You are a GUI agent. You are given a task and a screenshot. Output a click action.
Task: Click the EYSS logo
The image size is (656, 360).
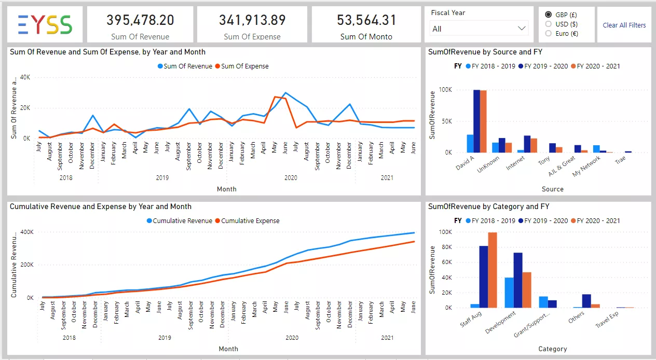[x=45, y=24]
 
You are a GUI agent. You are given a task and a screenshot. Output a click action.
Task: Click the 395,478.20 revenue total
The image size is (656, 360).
[x=140, y=20]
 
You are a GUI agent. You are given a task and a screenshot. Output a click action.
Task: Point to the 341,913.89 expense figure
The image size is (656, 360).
[x=252, y=20]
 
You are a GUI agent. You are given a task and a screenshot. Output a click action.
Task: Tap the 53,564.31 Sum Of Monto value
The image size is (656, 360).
[x=366, y=20]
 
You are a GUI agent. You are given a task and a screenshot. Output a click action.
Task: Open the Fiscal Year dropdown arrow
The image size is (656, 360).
[x=522, y=29]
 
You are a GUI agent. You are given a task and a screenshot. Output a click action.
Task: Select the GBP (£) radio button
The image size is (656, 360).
[x=549, y=14]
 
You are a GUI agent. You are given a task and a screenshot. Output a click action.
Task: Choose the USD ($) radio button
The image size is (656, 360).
[x=549, y=24]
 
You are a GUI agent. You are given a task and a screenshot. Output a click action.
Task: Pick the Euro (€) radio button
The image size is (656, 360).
[x=549, y=34]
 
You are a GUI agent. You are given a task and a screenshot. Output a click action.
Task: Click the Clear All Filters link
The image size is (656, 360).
[x=624, y=25]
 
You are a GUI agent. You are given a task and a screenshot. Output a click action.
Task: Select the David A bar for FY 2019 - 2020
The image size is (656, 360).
[x=476, y=121]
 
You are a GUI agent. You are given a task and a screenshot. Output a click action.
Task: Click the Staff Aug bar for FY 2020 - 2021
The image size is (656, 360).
[x=493, y=270]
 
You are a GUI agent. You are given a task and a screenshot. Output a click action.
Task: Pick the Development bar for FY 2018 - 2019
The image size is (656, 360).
[x=509, y=293]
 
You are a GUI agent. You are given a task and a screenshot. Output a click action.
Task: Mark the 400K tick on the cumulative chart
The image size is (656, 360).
[x=27, y=232]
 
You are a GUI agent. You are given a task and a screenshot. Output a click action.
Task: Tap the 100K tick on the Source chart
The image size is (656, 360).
[x=445, y=90]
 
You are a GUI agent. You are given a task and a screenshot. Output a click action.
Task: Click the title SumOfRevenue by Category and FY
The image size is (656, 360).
[x=488, y=206]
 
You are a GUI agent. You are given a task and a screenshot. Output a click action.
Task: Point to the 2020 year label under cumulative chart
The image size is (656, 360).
[x=292, y=338]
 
